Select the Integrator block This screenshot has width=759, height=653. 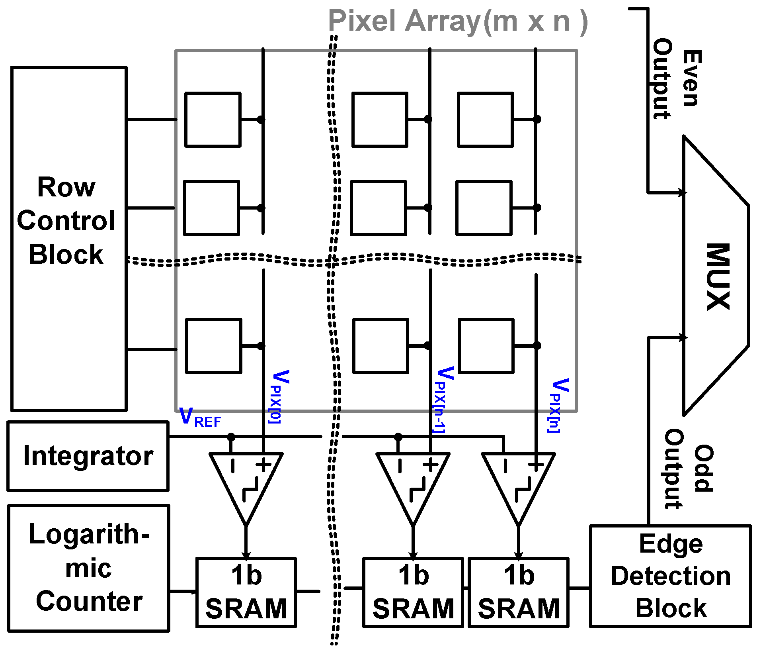88,456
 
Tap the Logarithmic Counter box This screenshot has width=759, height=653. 88,568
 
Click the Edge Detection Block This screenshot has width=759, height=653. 670,576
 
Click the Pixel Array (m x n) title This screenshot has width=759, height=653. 458,22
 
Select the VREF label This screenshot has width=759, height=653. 200,417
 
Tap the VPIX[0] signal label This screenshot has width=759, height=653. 279,396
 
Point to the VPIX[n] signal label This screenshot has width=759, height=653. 558,404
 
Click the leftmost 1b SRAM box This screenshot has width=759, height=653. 246,592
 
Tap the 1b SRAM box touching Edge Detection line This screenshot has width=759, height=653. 518,592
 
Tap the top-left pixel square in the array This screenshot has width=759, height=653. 213,120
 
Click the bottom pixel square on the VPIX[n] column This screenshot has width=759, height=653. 486,345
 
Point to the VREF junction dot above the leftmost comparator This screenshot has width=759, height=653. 231,437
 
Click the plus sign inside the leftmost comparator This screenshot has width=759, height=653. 263,465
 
